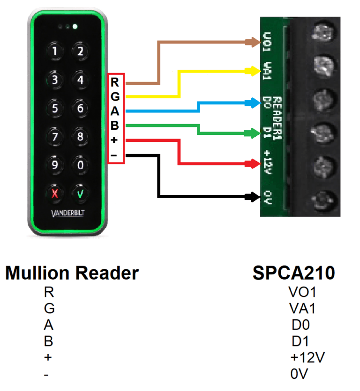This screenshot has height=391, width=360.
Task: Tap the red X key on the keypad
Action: pos(55,193)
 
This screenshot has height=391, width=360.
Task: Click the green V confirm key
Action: pos(80,193)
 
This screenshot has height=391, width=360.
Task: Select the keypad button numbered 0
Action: pos(80,165)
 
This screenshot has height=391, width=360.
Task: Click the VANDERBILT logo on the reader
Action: pos(67,215)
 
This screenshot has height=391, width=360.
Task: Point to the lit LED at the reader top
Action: pos(75,27)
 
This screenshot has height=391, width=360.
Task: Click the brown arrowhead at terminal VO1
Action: pos(254,43)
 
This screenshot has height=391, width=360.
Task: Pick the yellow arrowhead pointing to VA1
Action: pos(254,71)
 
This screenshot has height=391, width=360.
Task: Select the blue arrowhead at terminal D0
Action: pos(254,102)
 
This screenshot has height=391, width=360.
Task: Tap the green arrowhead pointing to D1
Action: pos(254,133)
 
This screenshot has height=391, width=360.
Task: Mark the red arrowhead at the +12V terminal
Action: pos(254,164)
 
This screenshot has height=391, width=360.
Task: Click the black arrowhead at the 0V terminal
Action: pos(254,197)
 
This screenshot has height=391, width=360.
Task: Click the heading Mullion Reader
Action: pos(72,273)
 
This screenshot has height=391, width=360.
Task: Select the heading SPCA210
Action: pos(294,273)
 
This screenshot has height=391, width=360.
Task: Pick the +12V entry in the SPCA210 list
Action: pos(307,357)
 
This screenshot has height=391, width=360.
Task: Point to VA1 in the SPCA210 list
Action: pos(303,308)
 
